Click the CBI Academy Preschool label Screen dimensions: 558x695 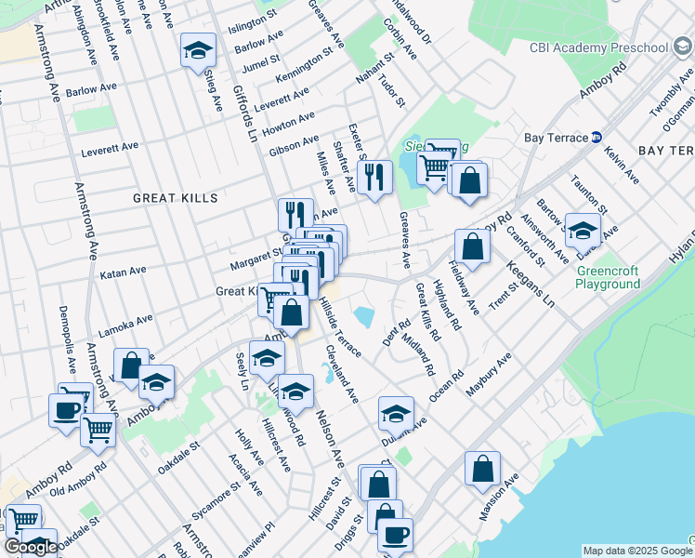(598, 47)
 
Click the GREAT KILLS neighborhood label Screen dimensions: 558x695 (175, 198)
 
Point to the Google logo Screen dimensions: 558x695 (31, 547)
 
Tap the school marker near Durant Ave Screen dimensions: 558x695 (396, 412)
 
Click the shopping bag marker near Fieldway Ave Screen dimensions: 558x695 (472, 246)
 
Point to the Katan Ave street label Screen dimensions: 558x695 (124, 272)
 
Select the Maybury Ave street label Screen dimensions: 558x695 (489, 376)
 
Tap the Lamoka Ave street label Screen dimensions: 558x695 (126, 325)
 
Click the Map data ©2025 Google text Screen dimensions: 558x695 (635, 551)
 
